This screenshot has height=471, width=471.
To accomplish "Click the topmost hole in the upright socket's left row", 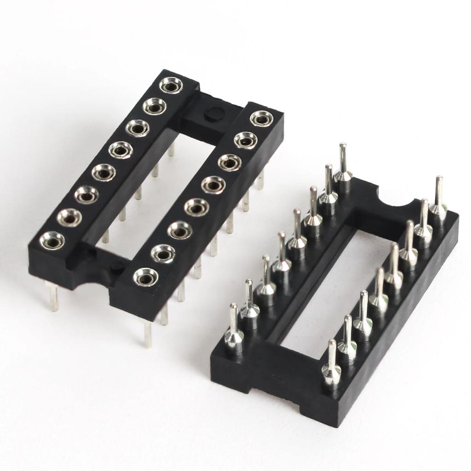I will click(171, 85).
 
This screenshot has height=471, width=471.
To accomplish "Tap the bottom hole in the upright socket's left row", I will click(52, 241).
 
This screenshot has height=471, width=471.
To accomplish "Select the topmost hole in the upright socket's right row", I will click(261, 119).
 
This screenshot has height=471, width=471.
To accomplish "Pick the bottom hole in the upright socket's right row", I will click(146, 277).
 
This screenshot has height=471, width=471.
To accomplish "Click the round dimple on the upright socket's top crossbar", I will click(213, 113).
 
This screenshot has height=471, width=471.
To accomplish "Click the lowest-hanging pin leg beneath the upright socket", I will click(147, 333).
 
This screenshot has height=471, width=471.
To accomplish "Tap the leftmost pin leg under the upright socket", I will click(53, 297).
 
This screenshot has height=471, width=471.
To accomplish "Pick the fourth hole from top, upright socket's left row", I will click(121, 149).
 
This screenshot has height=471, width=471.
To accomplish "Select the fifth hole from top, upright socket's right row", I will click(196, 207).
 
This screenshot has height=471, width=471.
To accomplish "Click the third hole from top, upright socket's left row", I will click(138, 128).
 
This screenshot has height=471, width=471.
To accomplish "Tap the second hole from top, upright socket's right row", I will click(245, 140).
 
